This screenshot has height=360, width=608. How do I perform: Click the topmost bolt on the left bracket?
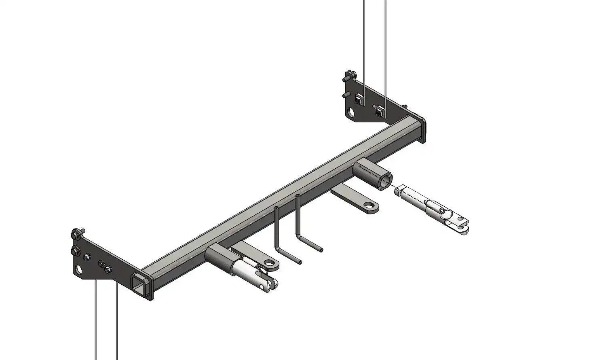pos(76,233)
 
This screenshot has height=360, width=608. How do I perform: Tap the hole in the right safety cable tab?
pos(369,206)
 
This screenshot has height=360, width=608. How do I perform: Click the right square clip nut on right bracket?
pos(380,109)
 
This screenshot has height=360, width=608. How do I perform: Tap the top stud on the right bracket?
pos(349,75)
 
